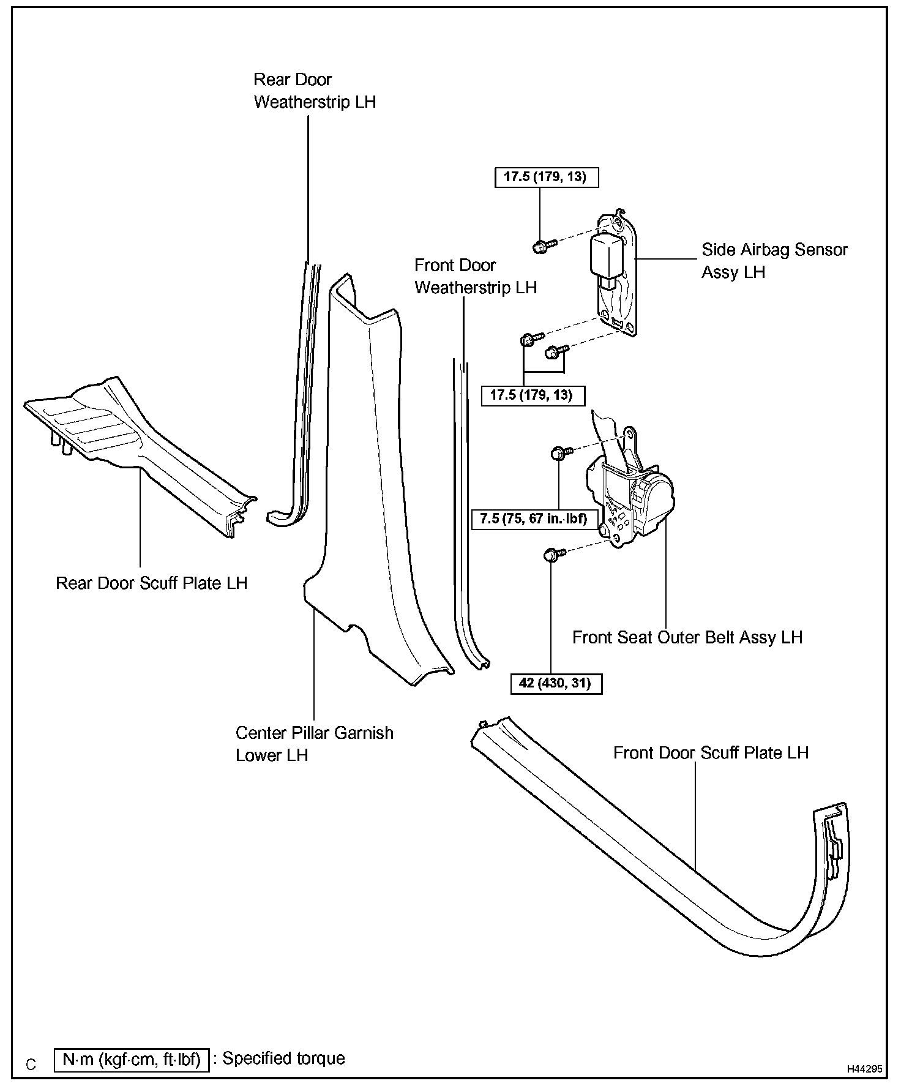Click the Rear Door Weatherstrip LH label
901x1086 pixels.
click(315, 91)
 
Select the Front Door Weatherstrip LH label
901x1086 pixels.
click(475, 276)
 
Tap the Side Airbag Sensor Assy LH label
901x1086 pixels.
click(774, 260)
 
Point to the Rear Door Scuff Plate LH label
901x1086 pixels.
click(151, 583)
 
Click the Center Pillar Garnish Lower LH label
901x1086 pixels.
click(314, 743)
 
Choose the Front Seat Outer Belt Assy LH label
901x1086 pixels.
click(687, 637)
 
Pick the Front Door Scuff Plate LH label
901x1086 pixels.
click(711, 752)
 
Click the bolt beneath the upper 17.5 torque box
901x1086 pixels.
click(541, 247)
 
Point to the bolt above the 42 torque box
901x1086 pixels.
click(552, 555)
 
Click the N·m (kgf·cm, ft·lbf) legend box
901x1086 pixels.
click(132, 1059)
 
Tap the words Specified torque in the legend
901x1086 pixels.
click(283, 1058)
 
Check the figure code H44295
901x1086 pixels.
click(864, 1069)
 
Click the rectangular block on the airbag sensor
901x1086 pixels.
click(607, 256)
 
